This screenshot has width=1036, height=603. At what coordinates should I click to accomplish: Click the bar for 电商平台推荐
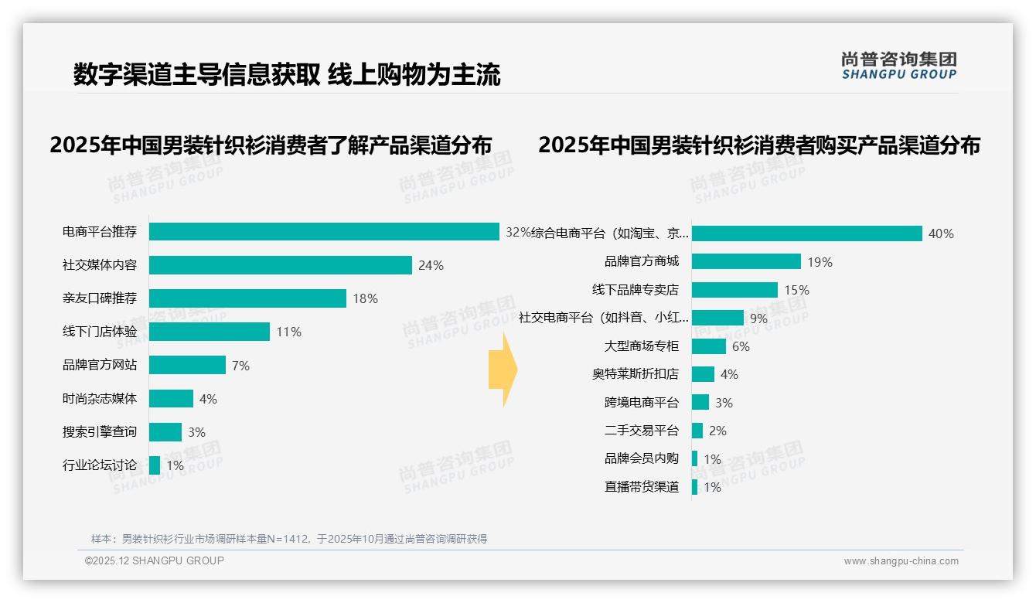[324, 232]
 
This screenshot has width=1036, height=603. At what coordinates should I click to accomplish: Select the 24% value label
[431, 266]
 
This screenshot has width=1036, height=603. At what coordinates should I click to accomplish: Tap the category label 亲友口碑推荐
[100, 298]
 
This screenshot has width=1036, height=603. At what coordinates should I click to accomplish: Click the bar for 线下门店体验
[210, 332]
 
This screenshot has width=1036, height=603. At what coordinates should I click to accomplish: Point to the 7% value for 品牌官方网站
[240, 366]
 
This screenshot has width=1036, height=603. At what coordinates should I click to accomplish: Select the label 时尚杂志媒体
[100, 399]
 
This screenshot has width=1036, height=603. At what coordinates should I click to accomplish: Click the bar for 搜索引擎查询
[165, 432]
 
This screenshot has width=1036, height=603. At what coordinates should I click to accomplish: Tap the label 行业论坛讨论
[100, 465]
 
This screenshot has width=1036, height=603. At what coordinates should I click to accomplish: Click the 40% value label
[941, 233]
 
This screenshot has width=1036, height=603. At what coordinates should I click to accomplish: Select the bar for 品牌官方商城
[746, 261]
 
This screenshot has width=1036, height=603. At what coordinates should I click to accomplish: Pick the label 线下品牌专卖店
[635, 290]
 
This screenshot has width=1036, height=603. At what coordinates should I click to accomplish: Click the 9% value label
[758, 319]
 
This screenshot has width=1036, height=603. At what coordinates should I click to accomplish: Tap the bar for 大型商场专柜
[709, 346]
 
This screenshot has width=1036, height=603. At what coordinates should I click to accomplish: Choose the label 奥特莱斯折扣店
[635, 374]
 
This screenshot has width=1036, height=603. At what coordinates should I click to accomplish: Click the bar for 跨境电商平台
[700, 403]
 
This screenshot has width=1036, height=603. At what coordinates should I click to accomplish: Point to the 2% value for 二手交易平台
[717, 431]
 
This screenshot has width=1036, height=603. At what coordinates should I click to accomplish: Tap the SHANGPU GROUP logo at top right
[898, 66]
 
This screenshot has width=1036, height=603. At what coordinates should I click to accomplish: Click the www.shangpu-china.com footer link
[901, 561]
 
